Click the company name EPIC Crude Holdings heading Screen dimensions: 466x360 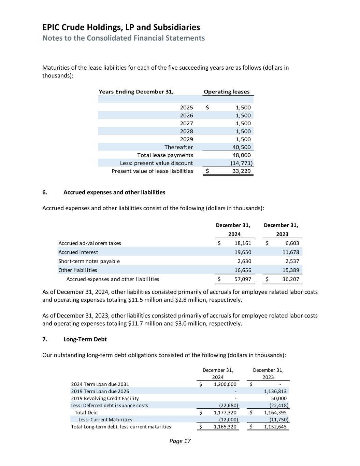(x=121, y=27)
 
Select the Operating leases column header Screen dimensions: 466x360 (x=227, y=91)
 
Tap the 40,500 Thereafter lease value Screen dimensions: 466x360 (x=243, y=147)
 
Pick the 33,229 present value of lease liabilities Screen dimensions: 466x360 (x=241, y=171)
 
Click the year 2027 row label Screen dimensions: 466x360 (x=186, y=123)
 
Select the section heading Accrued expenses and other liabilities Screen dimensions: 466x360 (x=114, y=192)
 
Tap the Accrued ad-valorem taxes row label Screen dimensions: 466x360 (x=90, y=243)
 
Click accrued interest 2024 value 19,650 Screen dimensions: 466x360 (x=243, y=252)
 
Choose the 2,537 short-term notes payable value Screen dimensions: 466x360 (x=292, y=261)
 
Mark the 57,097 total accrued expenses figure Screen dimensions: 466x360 (x=243, y=279)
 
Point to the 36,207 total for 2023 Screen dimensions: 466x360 (x=291, y=279)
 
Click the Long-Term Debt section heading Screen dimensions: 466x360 (x=85, y=339)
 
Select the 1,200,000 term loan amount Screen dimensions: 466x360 (x=225, y=384)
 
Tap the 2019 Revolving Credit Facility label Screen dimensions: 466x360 (x=105, y=398)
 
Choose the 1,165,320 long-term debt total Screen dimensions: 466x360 (x=225, y=427)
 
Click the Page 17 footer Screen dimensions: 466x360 (x=180, y=441)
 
